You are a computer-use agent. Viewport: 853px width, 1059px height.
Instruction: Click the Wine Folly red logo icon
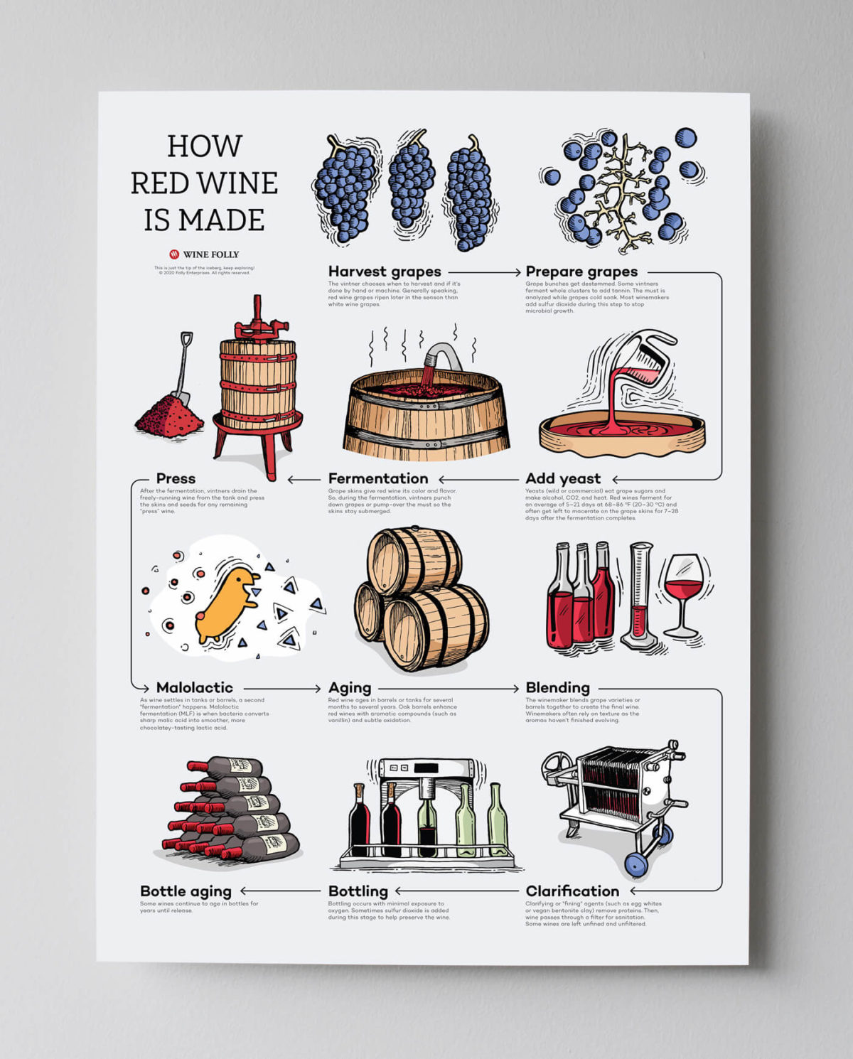(174, 254)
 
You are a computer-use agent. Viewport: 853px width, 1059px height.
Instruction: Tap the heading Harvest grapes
(385, 272)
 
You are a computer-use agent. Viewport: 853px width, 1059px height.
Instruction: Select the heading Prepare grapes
(581, 272)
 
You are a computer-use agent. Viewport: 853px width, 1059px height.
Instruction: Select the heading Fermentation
(378, 478)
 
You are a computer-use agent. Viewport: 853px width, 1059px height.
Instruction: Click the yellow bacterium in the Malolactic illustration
(225, 604)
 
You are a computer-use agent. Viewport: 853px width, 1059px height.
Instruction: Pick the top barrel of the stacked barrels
(414, 560)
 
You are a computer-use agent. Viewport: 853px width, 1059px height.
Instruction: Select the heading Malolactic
(194, 687)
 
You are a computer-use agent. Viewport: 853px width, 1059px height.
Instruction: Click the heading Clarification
(572, 891)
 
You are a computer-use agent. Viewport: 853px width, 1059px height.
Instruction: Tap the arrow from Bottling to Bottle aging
(280, 891)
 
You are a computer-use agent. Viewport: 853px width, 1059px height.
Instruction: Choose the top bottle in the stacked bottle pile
(227, 767)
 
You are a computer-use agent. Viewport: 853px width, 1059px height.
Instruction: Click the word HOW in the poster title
(205, 146)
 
